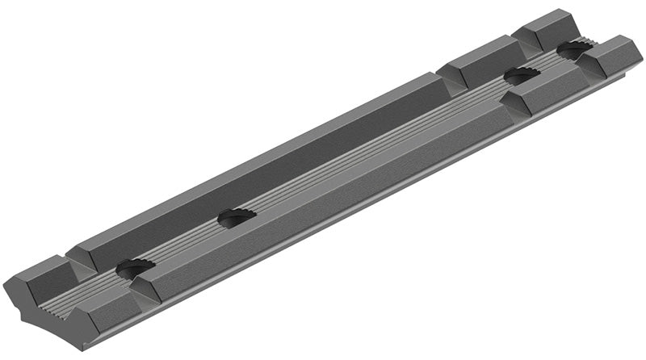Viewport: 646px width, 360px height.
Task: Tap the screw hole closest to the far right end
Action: tap(574, 51)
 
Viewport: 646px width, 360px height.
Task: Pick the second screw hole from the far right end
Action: tap(522, 76)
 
